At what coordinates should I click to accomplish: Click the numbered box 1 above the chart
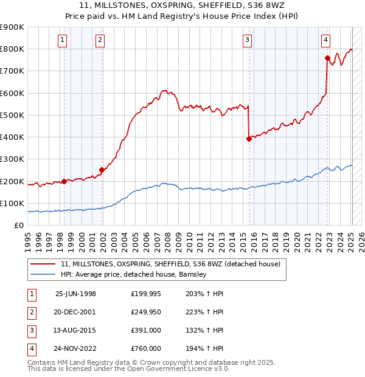(63, 40)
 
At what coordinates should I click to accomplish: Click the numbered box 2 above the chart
(100, 40)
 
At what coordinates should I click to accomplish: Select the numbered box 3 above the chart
(248, 40)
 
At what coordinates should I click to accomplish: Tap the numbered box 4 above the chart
(326, 40)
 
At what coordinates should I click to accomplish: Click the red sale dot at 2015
(249, 139)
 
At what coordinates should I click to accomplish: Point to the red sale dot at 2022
(327, 58)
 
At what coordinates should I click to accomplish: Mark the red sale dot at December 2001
(102, 170)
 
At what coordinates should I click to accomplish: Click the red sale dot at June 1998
(64, 181)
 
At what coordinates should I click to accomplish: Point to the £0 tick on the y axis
(18, 226)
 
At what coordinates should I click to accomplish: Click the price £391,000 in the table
(145, 331)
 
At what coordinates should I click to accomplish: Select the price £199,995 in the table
(145, 294)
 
